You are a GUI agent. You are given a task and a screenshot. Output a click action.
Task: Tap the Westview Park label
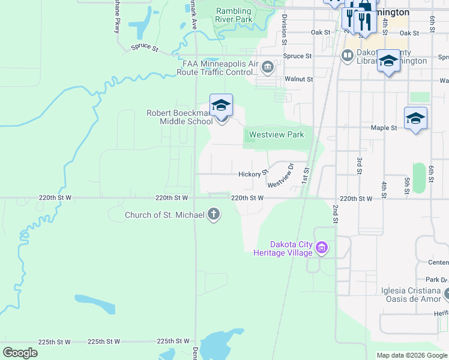click(x=276, y=135)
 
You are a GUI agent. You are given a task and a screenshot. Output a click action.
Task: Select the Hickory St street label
click(x=253, y=174)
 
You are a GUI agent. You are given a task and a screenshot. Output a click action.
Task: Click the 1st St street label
click(x=305, y=175)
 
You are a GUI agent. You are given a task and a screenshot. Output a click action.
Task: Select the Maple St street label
click(x=384, y=128)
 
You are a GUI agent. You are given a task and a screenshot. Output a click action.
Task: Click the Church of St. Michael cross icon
click(x=214, y=215)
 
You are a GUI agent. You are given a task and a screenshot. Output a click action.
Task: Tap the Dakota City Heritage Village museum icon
click(x=322, y=247)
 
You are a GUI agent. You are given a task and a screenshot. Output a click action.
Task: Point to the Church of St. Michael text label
click(x=164, y=215)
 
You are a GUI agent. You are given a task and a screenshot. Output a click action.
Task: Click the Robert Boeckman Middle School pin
click(x=221, y=106)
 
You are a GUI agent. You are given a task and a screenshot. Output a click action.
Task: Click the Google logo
click(x=20, y=352)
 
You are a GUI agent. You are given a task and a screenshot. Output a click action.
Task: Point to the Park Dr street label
click(x=436, y=280)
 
